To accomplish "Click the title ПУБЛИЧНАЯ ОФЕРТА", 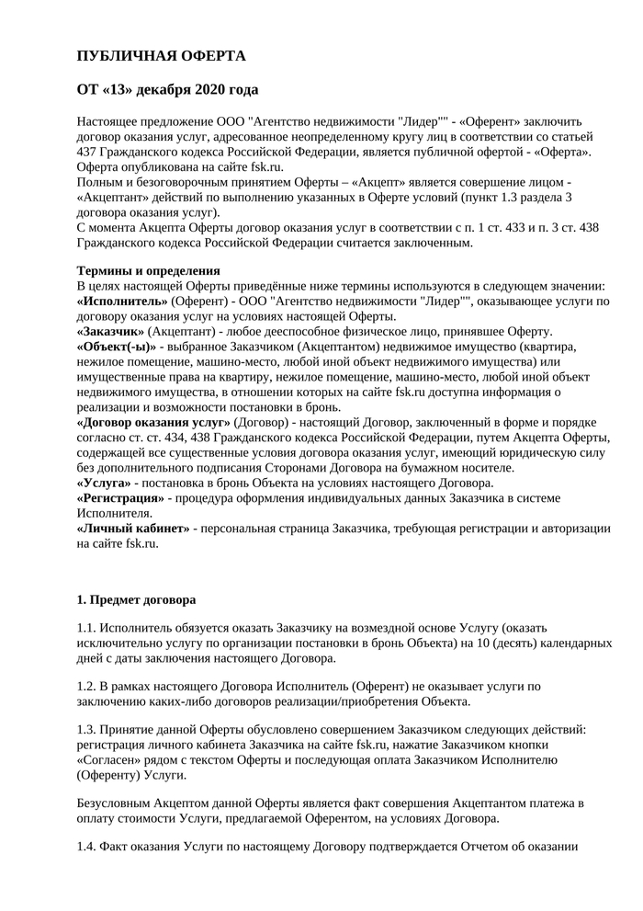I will click(x=161, y=57).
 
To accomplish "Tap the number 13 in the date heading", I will click(x=127, y=90).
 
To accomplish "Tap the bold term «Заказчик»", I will click(x=111, y=331).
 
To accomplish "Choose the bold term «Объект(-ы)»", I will click(x=116, y=347).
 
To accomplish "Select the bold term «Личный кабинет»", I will click(x=133, y=529).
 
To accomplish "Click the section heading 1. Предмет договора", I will click(x=136, y=600).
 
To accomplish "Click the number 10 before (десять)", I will click(x=486, y=643).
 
